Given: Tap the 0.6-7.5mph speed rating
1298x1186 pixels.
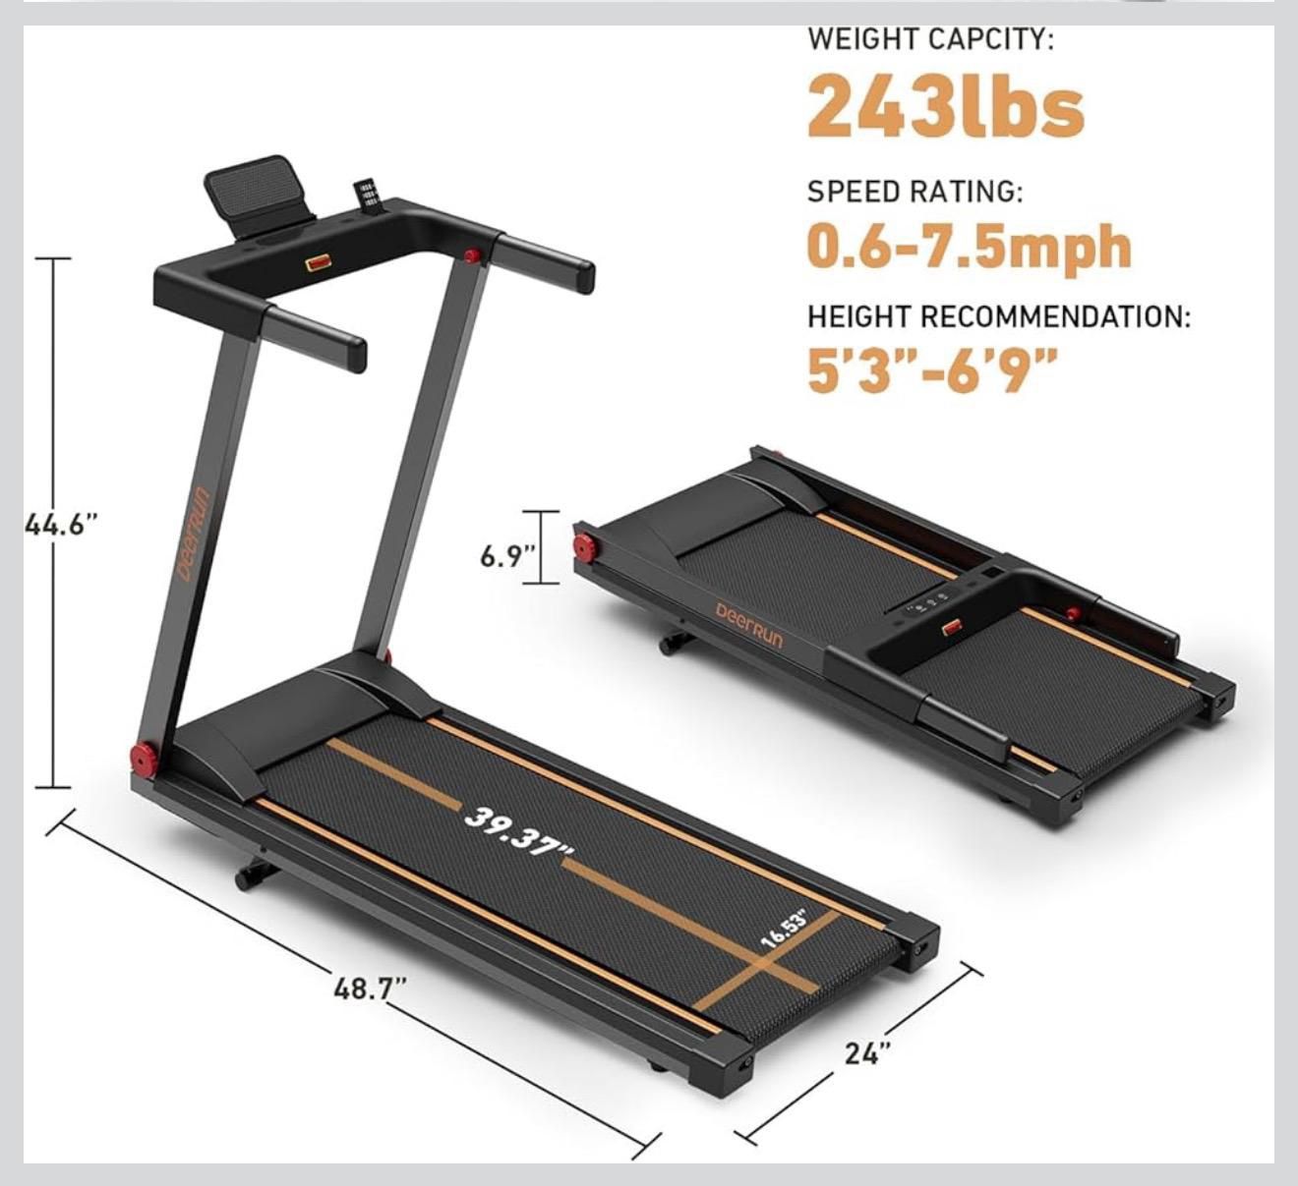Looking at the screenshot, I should tap(969, 247).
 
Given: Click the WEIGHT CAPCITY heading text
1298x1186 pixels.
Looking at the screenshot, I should tap(930, 40).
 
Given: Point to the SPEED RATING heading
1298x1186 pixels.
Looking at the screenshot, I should tap(914, 192).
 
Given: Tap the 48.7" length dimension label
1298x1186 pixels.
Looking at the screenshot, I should tap(370, 988).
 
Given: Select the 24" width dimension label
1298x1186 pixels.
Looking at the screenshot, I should tap(868, 1052).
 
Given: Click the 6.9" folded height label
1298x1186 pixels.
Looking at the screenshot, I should tap(506, 556).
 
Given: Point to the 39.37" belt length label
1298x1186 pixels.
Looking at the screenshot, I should tap(520, 831).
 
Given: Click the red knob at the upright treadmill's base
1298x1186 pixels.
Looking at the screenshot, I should tap(146, 758).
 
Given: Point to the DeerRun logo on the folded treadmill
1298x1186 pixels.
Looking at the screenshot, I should tap(749, 625).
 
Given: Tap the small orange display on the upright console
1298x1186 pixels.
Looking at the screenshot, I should tap(318, 262).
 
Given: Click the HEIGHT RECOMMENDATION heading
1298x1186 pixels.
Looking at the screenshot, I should tap(998, 317).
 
